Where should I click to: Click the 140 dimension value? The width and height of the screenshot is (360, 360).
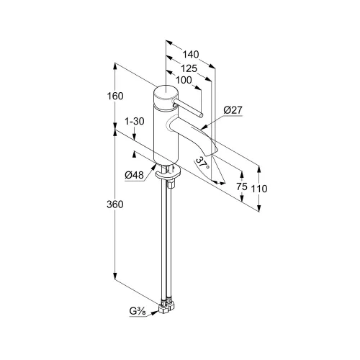(x=191, y=55)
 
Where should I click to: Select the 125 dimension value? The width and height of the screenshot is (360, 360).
(x=189, y=68)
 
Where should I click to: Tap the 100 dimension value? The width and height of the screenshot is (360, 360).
(x=184, y=80)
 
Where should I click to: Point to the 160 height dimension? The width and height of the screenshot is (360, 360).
(x=115, y=96)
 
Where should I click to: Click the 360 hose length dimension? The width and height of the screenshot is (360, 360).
(x=115, y=204)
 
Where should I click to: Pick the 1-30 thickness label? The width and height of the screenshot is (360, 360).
(x=135, y=122)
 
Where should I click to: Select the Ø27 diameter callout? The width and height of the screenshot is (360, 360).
(x=233, y=110)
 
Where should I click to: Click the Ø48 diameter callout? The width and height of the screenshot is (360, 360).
(x=134, y=176)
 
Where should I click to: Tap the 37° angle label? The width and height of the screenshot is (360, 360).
(x=203, y=163)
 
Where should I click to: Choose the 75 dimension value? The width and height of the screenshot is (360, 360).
(x=242, y=186)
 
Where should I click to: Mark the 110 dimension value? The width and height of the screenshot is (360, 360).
(x=259, y=189)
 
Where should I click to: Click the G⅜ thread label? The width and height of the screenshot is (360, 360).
(x=138, y=312)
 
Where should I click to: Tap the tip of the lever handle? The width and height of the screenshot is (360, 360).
(x=201, y=115)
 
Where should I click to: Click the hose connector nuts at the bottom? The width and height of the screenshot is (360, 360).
(x=166, y=305)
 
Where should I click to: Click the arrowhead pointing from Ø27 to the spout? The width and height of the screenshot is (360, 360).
(x=204, y=127)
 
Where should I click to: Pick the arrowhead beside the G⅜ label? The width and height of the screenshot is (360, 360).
(x=154, y=312)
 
